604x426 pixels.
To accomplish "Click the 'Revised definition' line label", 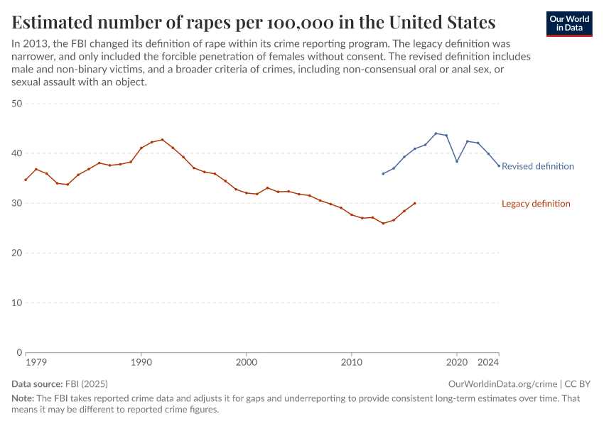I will tap(537, 166).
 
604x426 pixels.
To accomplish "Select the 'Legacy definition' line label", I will tap(536, 204).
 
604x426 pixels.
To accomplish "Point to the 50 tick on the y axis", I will tap(17, 104).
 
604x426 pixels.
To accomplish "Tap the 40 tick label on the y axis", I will tap(17, 153).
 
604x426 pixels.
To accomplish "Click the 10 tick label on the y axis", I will tap(17, 302).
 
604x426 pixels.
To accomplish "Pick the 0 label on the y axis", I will tap(20, 352).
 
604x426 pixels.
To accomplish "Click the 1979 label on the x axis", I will tap(36, 362).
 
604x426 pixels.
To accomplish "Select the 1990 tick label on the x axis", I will tap(141, 362).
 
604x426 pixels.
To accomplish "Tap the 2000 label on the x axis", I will tap(247, 362).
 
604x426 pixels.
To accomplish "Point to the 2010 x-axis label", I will tap(352, 362).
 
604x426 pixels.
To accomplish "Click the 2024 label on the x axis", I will tap(489, 362).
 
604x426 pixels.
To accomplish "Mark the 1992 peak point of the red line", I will tap(162, 140).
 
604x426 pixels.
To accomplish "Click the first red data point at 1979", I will tap(26, 180).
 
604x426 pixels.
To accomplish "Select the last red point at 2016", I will tap(414, 203).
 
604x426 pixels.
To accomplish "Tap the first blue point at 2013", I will tap(383, 174).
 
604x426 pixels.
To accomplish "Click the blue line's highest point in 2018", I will tap(436, 133).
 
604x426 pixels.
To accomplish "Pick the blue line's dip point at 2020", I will tap(457, 161).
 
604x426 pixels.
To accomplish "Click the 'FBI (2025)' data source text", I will tap(87, 383).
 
